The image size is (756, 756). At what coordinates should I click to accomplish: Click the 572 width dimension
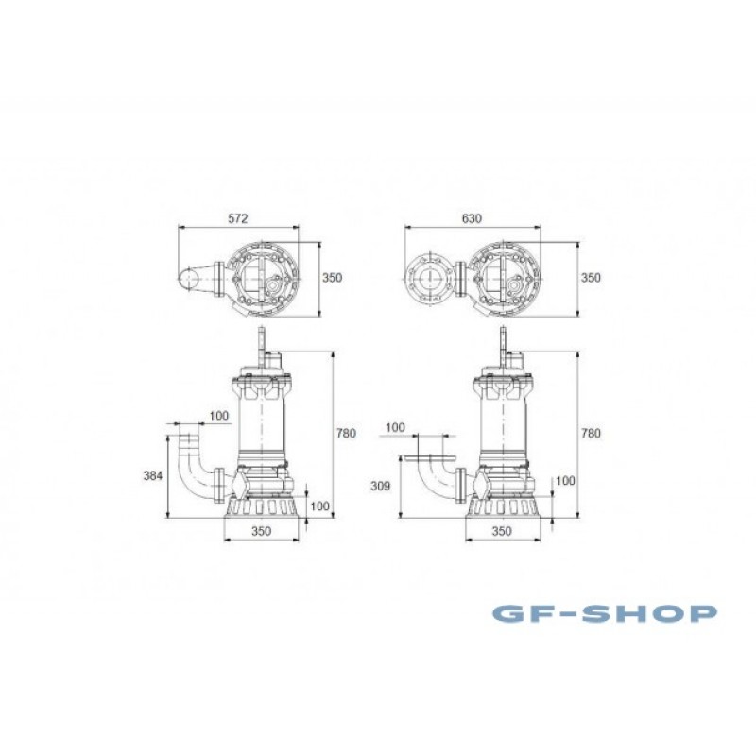click(x=238, y=218)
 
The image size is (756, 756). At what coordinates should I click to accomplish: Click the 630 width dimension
click(x=472, y=218)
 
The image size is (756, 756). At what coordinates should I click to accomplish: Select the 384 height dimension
click(x=153, y=476)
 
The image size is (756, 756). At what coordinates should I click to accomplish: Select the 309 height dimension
click(x=380, y=486)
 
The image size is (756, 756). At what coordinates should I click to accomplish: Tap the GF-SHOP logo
click(x=604, y=613)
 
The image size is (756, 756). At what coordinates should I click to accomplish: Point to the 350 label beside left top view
click(x=333, y=278)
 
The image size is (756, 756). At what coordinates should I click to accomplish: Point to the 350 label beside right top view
click(x=592, y=278)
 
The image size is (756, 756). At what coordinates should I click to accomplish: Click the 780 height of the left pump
click(x=346, y=433)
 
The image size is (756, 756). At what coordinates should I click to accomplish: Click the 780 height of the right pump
click(x=592, y=433)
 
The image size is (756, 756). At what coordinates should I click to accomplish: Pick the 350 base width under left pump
click(x=262, y=531)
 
